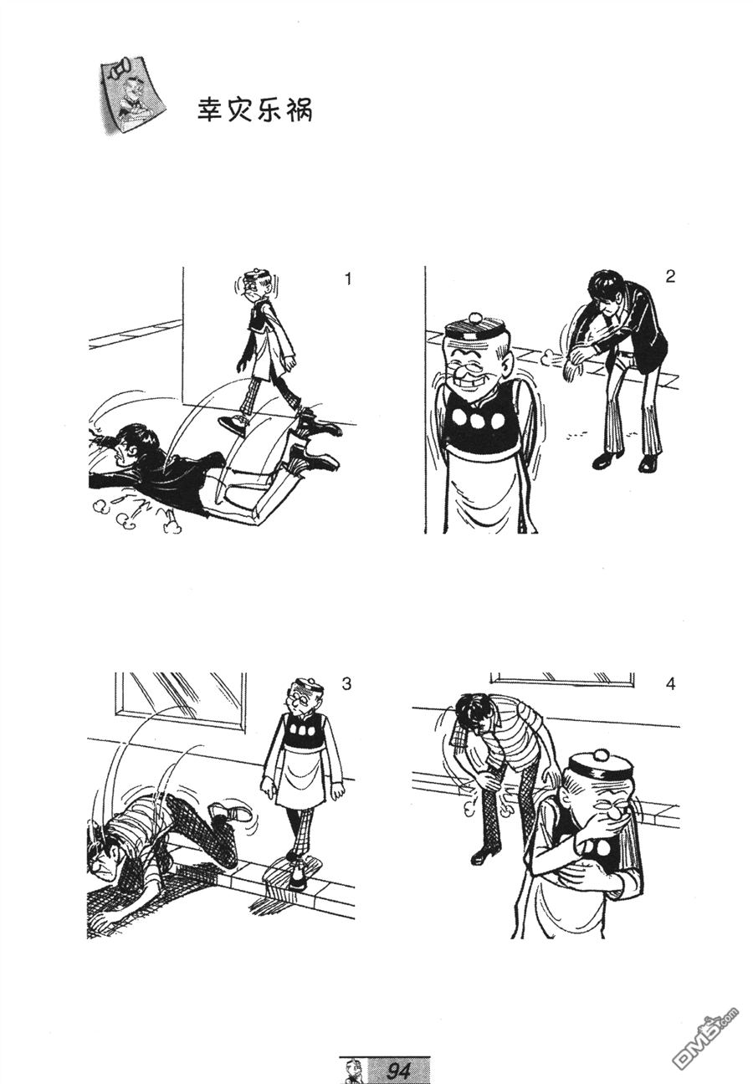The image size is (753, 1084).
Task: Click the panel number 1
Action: click(x=347, y=279)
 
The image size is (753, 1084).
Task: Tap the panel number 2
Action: click(x=670, y=277)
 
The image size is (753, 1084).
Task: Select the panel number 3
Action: click(x=346, y=684)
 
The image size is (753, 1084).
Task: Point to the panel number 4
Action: click(x=670, y=684)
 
